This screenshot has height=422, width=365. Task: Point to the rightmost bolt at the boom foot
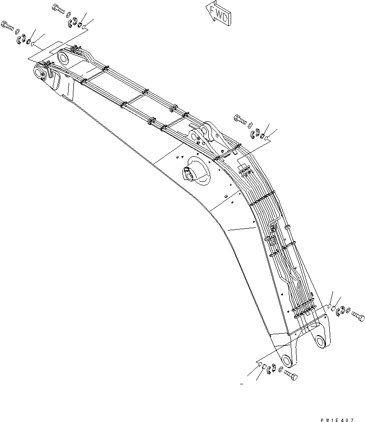(x=357, y=316)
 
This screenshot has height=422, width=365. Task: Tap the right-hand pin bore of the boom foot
(x=320, y=340)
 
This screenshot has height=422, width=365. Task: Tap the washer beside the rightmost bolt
(x=348, y=314)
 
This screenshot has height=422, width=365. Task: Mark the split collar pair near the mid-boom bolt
(x=255, y=133)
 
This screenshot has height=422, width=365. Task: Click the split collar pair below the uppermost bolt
(x=74, y=21)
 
